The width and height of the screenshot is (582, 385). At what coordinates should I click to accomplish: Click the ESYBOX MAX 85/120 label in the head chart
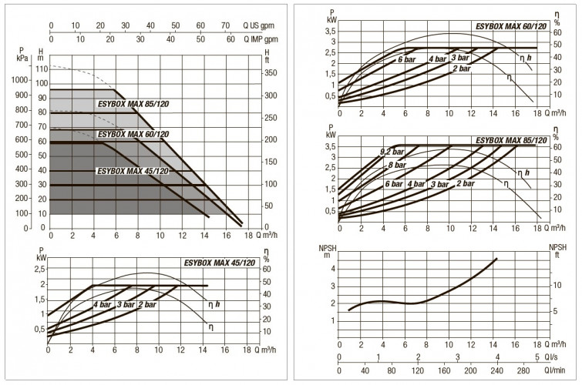(133, 104)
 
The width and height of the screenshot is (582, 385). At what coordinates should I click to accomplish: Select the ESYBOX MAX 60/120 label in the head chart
(133, 134)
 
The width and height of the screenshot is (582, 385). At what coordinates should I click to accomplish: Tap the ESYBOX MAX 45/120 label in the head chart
(133, 171)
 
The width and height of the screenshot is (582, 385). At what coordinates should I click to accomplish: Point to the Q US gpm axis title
(259, 25)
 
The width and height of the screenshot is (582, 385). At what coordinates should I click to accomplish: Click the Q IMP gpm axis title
(261, 39)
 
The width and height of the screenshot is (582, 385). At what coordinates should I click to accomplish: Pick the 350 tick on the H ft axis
(271, 72)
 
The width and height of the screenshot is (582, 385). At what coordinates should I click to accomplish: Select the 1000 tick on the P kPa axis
(20, 80)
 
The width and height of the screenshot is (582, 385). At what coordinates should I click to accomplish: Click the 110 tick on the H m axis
(42, 69)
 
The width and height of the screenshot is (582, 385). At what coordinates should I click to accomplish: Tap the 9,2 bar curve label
(392, 152)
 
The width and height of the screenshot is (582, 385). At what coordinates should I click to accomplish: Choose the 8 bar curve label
(397, 165)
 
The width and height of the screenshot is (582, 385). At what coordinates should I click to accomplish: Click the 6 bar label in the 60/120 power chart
(407, 59)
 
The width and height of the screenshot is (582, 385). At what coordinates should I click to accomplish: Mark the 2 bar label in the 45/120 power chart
(147, 304)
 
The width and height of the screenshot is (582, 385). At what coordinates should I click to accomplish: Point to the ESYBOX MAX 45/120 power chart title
(220, 263)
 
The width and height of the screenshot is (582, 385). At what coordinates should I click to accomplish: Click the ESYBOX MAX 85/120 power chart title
(511, 140)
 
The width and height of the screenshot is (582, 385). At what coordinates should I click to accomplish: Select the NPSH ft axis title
(558, 251)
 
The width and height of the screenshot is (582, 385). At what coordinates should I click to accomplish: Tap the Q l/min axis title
(554, 370)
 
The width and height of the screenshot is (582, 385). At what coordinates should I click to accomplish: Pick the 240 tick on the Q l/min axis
(497, 370)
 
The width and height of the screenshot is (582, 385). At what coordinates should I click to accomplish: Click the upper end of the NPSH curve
(496, 259)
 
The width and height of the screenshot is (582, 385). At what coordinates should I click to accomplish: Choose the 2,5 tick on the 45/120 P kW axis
(40, 269)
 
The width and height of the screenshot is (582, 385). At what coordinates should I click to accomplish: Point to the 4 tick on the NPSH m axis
(333, 269)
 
